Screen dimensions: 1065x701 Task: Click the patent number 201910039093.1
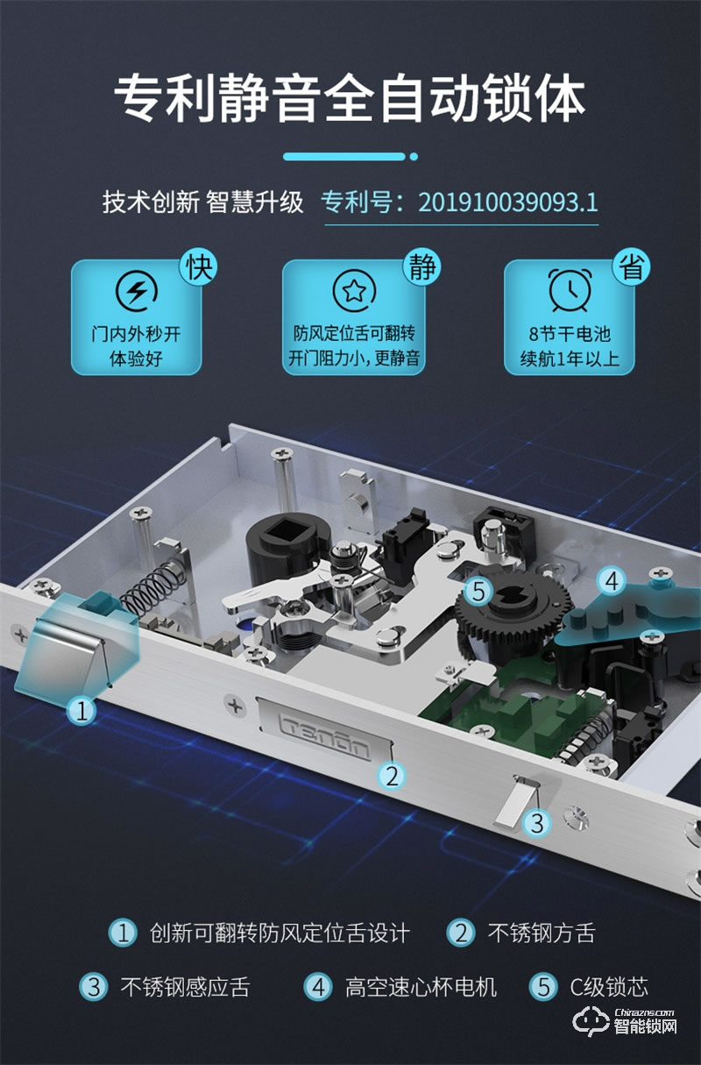point(507,202)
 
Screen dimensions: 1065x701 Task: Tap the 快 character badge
point(197,266)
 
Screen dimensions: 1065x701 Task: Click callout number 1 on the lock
point(81,710)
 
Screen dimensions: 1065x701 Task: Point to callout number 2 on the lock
point(392,775)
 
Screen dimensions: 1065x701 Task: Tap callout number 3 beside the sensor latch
point(537,822)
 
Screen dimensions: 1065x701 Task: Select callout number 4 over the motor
point(612,580)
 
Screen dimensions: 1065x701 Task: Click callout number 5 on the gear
point(478,591)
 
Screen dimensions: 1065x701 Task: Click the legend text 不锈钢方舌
point(541,934)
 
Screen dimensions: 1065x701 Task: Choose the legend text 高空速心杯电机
point(420,987)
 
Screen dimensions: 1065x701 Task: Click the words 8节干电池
point(570,334)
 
